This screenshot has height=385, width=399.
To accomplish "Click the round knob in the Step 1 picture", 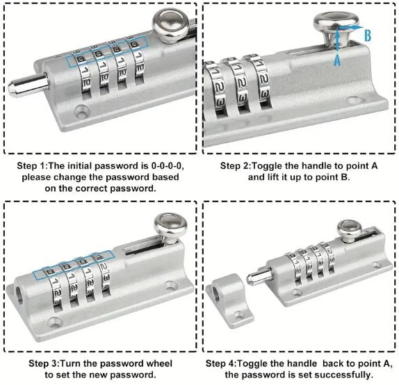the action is point(170,25).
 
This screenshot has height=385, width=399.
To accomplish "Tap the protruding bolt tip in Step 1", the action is point(28,85).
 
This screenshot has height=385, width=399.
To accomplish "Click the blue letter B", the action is point(368,35).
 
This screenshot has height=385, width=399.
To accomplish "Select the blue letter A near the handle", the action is point(337,60).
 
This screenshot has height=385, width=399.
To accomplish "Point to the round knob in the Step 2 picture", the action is point(336,28).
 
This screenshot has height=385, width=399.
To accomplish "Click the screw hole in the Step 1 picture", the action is point(82,111).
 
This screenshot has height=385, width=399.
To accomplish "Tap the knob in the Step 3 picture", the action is point(170,229).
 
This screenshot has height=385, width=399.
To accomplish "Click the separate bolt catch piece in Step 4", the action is point(229,300).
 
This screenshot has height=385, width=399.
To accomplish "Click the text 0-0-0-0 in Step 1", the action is point(168,166).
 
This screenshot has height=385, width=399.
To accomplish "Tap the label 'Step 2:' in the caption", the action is point(236,166).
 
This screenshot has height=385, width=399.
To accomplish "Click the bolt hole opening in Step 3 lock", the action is point(19,295).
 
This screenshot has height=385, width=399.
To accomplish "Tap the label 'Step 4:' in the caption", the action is point(221,363).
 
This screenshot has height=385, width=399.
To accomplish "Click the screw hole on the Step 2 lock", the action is point(354,101).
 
